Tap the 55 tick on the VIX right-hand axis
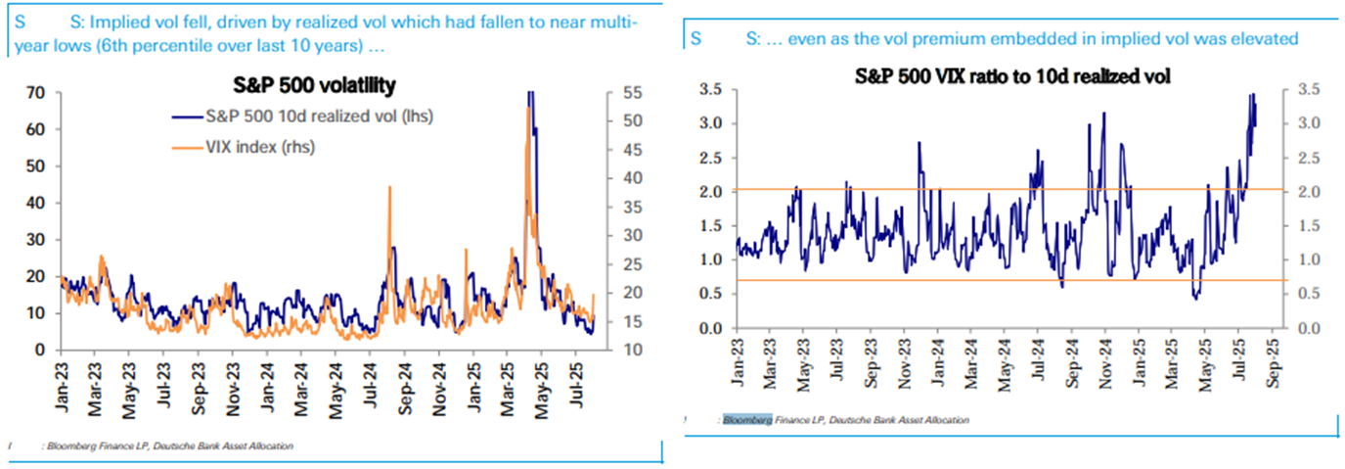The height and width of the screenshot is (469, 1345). click(x=632, y=93)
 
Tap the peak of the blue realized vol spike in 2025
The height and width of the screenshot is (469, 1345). click(x=530, y=93)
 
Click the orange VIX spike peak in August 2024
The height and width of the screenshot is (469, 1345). click(x=390, y=186)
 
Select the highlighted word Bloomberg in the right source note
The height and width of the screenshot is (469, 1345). click(x=747, y=420)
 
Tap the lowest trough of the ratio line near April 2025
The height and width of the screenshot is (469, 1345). click(x=1195, y=298)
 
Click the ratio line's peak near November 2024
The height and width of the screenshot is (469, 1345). click(x=1103, y=114)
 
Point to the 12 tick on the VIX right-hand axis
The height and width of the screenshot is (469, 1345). click(x=632, y=350)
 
